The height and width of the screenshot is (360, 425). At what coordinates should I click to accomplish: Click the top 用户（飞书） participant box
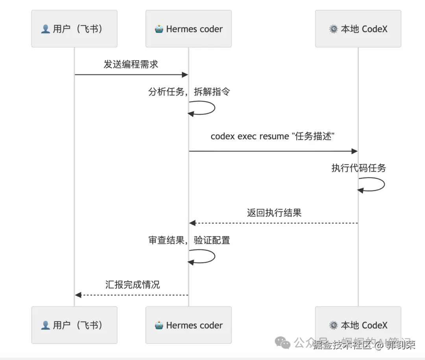coord(74,29)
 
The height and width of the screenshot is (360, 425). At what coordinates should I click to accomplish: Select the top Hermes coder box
coord(188,29)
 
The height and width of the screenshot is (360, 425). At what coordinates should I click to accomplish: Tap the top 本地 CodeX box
coord(358,29)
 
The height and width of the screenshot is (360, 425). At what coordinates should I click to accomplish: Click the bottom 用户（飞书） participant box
coord(74,325)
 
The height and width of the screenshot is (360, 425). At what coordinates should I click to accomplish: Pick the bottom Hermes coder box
coord(188,325)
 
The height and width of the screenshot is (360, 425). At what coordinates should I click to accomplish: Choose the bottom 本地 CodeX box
coord(358,325)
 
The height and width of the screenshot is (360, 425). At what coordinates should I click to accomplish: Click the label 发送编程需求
coord(131,64)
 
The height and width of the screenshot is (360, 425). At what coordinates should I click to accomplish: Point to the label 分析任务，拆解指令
coord(189,92)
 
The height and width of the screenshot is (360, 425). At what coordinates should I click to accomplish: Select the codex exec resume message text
coord(273,136)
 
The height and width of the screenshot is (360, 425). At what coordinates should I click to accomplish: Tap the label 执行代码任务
coord(358,168)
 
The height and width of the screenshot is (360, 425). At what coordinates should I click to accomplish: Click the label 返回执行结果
coord(274,213)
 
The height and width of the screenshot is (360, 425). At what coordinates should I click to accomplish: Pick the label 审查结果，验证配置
coord(189,240)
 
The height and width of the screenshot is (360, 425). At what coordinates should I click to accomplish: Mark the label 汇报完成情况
coord(133,284)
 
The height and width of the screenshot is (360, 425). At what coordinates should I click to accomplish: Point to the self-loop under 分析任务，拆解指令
coord(209,108)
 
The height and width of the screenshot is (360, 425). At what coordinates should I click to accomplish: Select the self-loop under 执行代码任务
coord(378,184)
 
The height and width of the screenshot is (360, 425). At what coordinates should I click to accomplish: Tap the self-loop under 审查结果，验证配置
coord(209,257)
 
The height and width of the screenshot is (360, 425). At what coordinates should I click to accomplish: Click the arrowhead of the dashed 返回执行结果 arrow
coord(192,223)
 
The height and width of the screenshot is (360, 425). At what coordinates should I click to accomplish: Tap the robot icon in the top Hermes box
coord(159,29)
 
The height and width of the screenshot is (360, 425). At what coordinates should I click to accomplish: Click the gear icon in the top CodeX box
coord(333,29)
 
